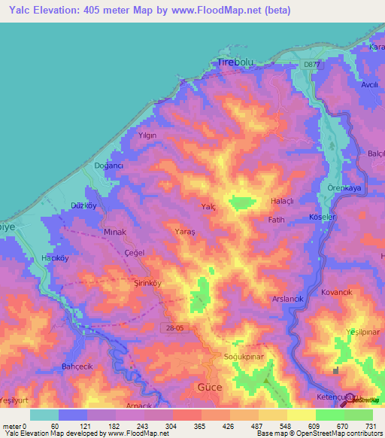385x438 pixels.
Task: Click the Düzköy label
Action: (x=83, y=205)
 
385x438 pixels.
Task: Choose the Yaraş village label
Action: (x=185, y=233)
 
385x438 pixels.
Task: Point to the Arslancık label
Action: (x=287, y=299)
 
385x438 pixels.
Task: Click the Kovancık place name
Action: (x=336, y=291)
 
